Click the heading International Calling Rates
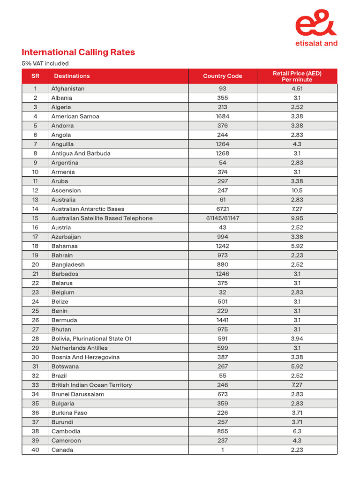pos(78,52)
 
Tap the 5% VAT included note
pos(45,63)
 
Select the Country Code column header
pos(222,76)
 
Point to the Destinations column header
pos(72,76)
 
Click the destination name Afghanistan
pos(68,89)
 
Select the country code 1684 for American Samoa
pos(222,116)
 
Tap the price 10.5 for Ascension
pos(297,190)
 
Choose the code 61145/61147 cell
pos(222,218)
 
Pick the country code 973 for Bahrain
pos(222,255)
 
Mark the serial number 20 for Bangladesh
pos(35,264)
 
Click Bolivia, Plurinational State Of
pos(91,338)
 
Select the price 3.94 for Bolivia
pos(297,338)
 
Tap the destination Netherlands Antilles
pos(79,348)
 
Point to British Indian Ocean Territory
pos(91,385)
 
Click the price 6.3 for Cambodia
pos(297,431)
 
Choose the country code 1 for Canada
pos(222,450)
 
